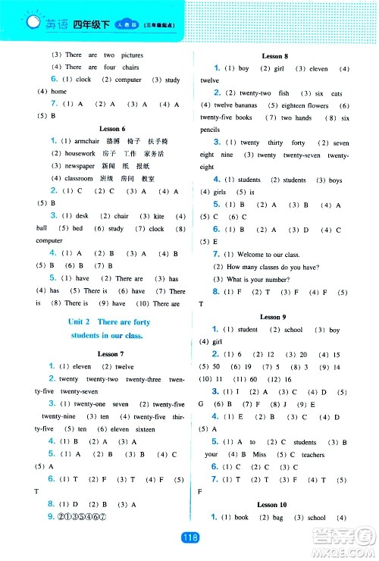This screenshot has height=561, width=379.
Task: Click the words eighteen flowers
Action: [305, 105]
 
